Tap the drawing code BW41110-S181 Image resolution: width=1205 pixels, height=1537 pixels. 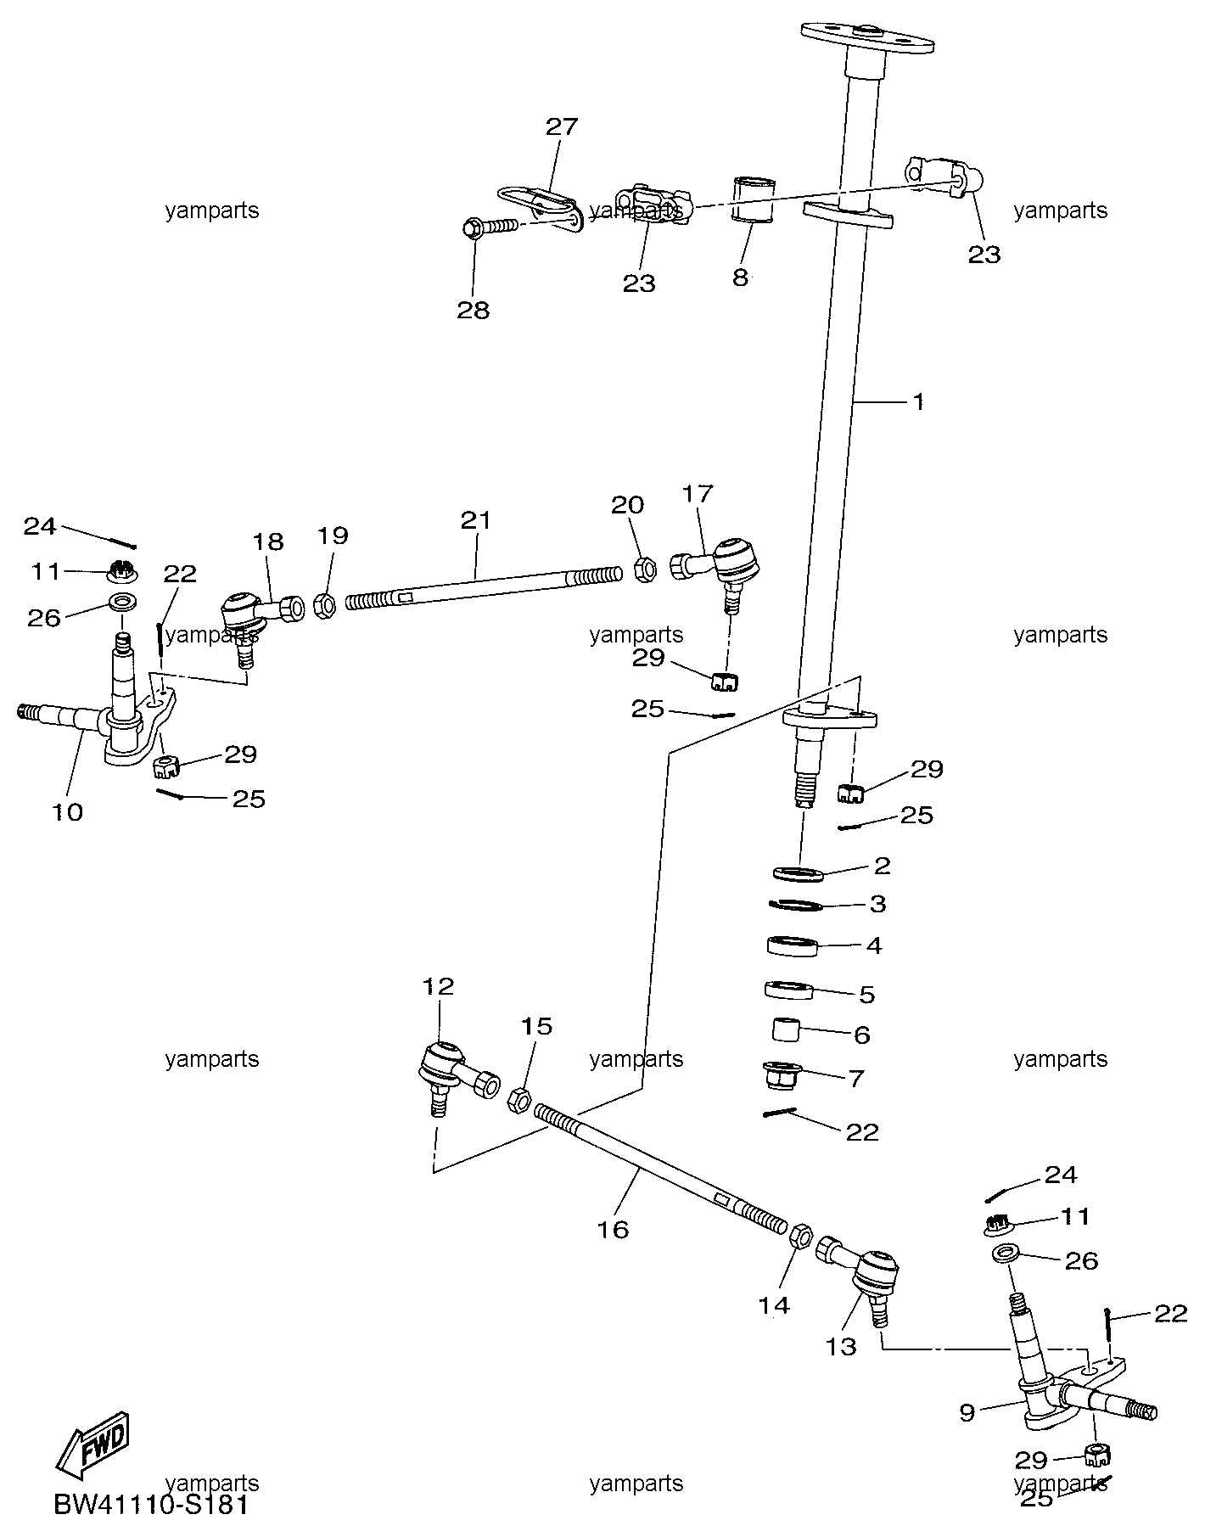tap(152, 1506)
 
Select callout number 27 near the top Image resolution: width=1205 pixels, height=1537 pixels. tap(561, 126)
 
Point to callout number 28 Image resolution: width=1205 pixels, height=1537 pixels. tap(474, 310)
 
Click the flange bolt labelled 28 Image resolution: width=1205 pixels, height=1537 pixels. tap(490, 227)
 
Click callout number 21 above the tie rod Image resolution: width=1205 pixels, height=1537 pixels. tap(475, 519)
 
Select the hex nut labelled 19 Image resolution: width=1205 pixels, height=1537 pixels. tap(324, 603)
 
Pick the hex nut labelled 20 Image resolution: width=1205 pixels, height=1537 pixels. tap(645, 569)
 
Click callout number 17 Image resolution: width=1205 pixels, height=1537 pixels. tap(698, 493)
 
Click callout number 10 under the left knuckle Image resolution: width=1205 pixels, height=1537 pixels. tap(67, 812)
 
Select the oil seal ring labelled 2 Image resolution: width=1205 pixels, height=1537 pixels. tap(799, 872)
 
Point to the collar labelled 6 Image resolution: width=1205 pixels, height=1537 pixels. tap(787, 1030)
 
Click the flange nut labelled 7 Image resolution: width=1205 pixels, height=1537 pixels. tap(778, 1077)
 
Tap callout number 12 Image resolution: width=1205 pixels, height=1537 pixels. tap(439, 986)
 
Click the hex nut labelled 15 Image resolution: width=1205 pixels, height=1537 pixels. tap(519, 1101)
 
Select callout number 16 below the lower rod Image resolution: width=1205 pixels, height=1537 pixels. tap(613, 1229)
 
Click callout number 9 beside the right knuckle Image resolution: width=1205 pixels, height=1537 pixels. tap(967, 1412)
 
